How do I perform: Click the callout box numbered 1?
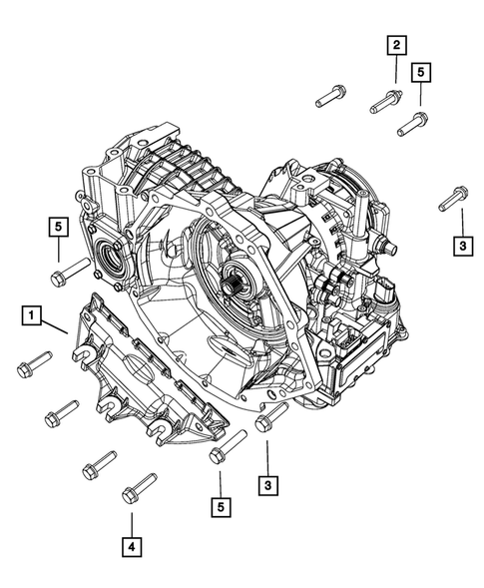34,317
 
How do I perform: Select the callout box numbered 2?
396,44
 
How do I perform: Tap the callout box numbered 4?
131,546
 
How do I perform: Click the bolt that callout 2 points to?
387,100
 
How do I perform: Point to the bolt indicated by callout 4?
138,489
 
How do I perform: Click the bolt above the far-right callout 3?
449,198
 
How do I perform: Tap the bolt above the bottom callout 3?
271,417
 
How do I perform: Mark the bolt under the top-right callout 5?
413,124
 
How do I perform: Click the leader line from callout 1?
57,325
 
